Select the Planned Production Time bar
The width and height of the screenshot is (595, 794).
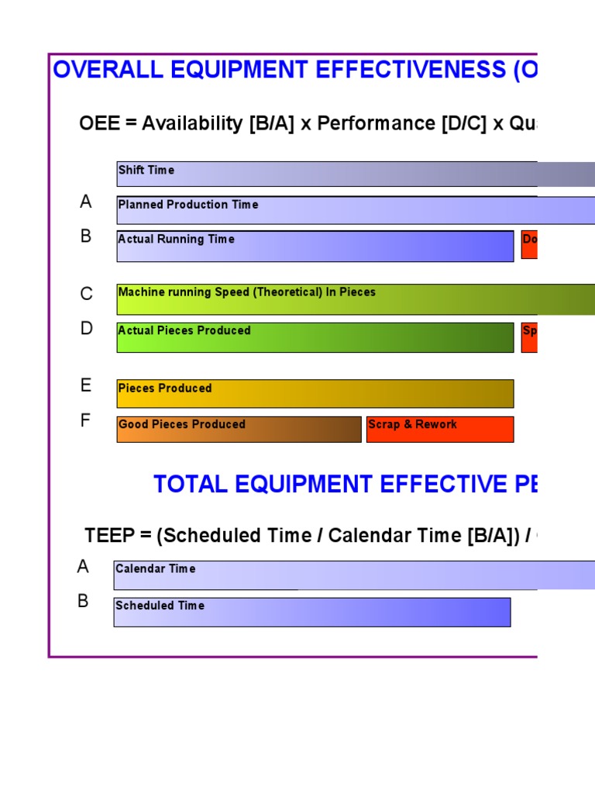pyautogui.click(x=349, y=210)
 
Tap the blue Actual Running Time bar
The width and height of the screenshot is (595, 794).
pyautogui.click(x=315, y=246)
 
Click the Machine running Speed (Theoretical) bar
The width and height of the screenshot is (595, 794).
pyautogui.click(x=349, y=299)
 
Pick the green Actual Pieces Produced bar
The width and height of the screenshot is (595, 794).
pyautogui.click(x=315, y=337)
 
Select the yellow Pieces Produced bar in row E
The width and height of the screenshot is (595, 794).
pyautogui.click(x=315, y=393)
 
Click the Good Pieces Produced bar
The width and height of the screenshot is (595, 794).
pyautogui.click(x=239, y=429)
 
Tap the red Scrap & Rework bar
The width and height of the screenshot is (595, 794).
pyautogui.click(x=439, y=429)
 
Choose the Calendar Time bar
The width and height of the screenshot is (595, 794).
pyautogui.click(x=349, y=575)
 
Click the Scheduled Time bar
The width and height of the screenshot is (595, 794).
pyautogui.click(x=311, y=612)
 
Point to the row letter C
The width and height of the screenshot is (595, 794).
pyautogui.click(x=86, y=294)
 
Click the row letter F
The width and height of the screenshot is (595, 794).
pyautogui.click(x=85, y=421)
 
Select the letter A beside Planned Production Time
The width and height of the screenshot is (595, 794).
pyautogui.click(x=86, y=202)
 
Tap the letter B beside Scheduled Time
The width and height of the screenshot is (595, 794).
pyautogui.click(x=83, y=601)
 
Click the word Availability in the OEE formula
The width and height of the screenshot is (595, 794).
pyautogui.click(x=192, y=124)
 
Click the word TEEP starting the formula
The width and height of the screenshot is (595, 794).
pyautogui.click(x=110, y=535)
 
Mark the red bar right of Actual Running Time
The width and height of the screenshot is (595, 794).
pyautogui.click(x=529, y=244)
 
